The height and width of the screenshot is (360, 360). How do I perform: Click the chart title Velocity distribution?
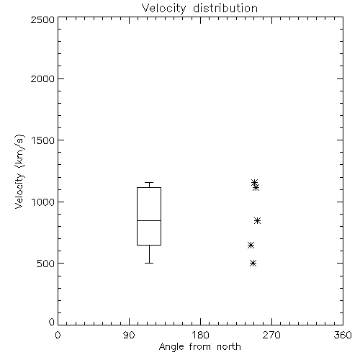point(199,9)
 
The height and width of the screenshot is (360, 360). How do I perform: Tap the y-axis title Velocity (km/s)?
point(19,171)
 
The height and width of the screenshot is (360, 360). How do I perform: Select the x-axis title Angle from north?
point(199,347)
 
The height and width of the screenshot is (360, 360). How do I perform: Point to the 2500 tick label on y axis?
point(42,19)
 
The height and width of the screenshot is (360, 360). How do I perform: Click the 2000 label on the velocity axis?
point(42,78)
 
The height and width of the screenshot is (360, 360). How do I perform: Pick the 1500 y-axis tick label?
point(43,140)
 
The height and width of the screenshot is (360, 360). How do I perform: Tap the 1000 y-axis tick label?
point(43,202)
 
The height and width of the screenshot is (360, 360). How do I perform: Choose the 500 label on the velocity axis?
point(45,264)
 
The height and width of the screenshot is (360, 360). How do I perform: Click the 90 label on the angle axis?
point(129,335)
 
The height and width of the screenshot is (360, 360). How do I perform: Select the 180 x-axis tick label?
point(200,335)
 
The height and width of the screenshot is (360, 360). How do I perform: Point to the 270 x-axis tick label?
point(271,335)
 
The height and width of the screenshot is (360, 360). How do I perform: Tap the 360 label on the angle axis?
point(343,335)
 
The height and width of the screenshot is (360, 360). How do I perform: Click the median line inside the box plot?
point(149,220)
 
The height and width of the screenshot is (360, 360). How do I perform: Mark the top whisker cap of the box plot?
point(149,182)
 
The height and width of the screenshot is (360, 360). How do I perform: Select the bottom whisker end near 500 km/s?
point(149,263)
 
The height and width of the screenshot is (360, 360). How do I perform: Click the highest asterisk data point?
point(254,183)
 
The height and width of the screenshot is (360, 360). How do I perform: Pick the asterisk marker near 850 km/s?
point(257,220)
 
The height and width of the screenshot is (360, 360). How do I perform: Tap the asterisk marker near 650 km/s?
point(251,245)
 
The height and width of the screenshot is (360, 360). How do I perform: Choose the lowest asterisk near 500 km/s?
point(253,264)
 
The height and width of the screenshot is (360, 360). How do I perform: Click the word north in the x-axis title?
point(229,346)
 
